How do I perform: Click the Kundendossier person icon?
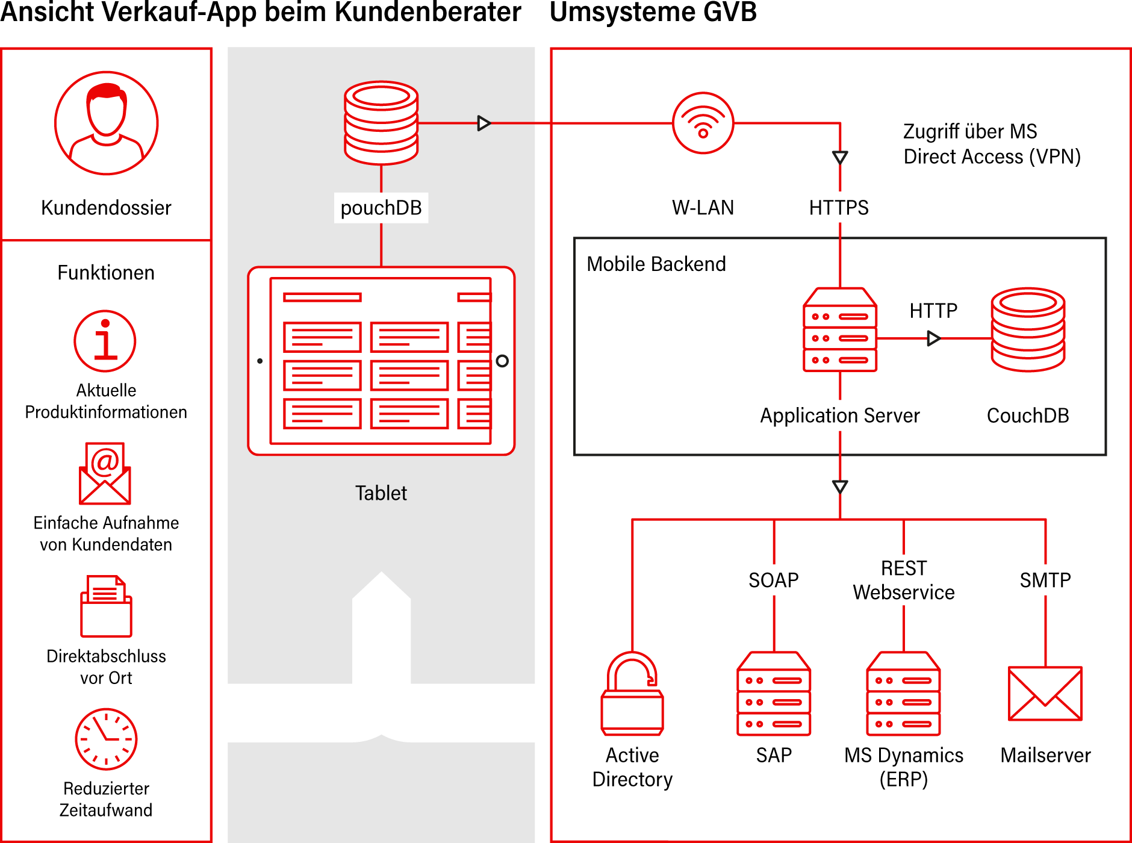107,123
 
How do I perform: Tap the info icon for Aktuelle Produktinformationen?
105,341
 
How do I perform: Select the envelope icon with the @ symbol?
105,474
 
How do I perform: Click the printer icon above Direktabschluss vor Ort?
106,606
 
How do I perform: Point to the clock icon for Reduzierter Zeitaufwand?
106,739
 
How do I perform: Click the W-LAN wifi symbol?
703,123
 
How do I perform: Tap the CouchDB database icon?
1028,329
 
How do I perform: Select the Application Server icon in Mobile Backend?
840,330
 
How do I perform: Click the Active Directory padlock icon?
632,694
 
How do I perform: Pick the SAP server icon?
774,694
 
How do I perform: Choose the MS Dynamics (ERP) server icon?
903,694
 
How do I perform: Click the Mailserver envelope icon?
1045,694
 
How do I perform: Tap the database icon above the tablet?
381,123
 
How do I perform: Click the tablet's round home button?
502,361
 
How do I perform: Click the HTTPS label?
839,208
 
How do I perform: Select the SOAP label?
774,580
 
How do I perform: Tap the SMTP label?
1045,580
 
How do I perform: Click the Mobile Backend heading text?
656,264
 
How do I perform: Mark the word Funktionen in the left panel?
106,273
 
